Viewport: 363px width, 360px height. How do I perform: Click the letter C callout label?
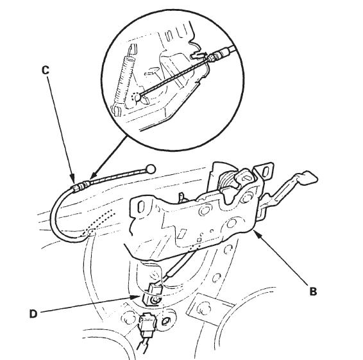coord(46,70)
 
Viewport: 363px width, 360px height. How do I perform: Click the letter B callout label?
coord(313,291)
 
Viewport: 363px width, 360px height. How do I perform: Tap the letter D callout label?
coord(33,314)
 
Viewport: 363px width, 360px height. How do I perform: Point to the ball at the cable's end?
coord(151,169)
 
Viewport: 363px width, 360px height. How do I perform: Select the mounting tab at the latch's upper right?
coord(265,170)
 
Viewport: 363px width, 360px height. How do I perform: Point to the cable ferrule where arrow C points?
coord(81,185)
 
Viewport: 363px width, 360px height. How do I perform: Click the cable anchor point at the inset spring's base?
coord(137,97)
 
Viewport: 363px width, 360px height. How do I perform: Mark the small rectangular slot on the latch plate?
coord(183,233)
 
